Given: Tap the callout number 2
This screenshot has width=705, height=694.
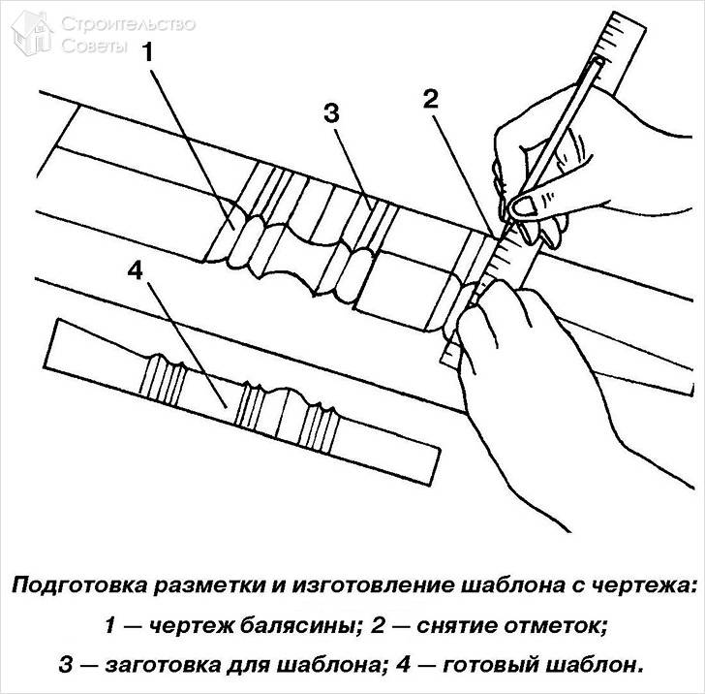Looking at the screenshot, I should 430,98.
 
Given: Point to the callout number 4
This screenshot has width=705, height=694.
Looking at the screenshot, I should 135,270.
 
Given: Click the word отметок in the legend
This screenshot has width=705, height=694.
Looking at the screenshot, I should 548,626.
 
